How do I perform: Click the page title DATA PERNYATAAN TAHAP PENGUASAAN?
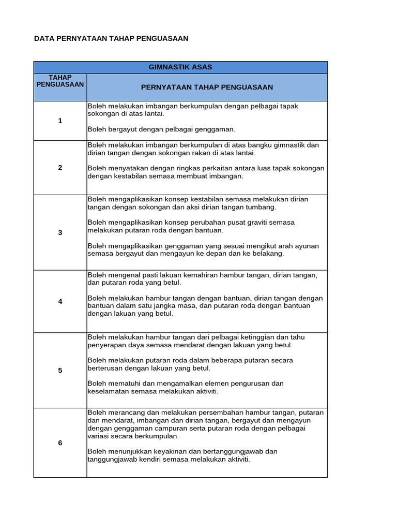click(x=111, y=38)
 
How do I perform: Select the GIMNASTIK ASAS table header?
click(x=180, y=67)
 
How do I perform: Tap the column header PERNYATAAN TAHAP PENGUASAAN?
click(x=207, y=87)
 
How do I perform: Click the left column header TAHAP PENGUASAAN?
click(x=60, y=81)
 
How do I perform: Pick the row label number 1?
click(x=60, y=121)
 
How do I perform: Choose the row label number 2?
click(x=60, y=168)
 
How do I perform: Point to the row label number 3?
click(x=60, y=232)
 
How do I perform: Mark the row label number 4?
click(x=60, y=301)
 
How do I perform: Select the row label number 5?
click(x=60, y=370)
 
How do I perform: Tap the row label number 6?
click(x=60, y=443)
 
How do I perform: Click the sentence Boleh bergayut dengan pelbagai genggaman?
click(x=161, y=129)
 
